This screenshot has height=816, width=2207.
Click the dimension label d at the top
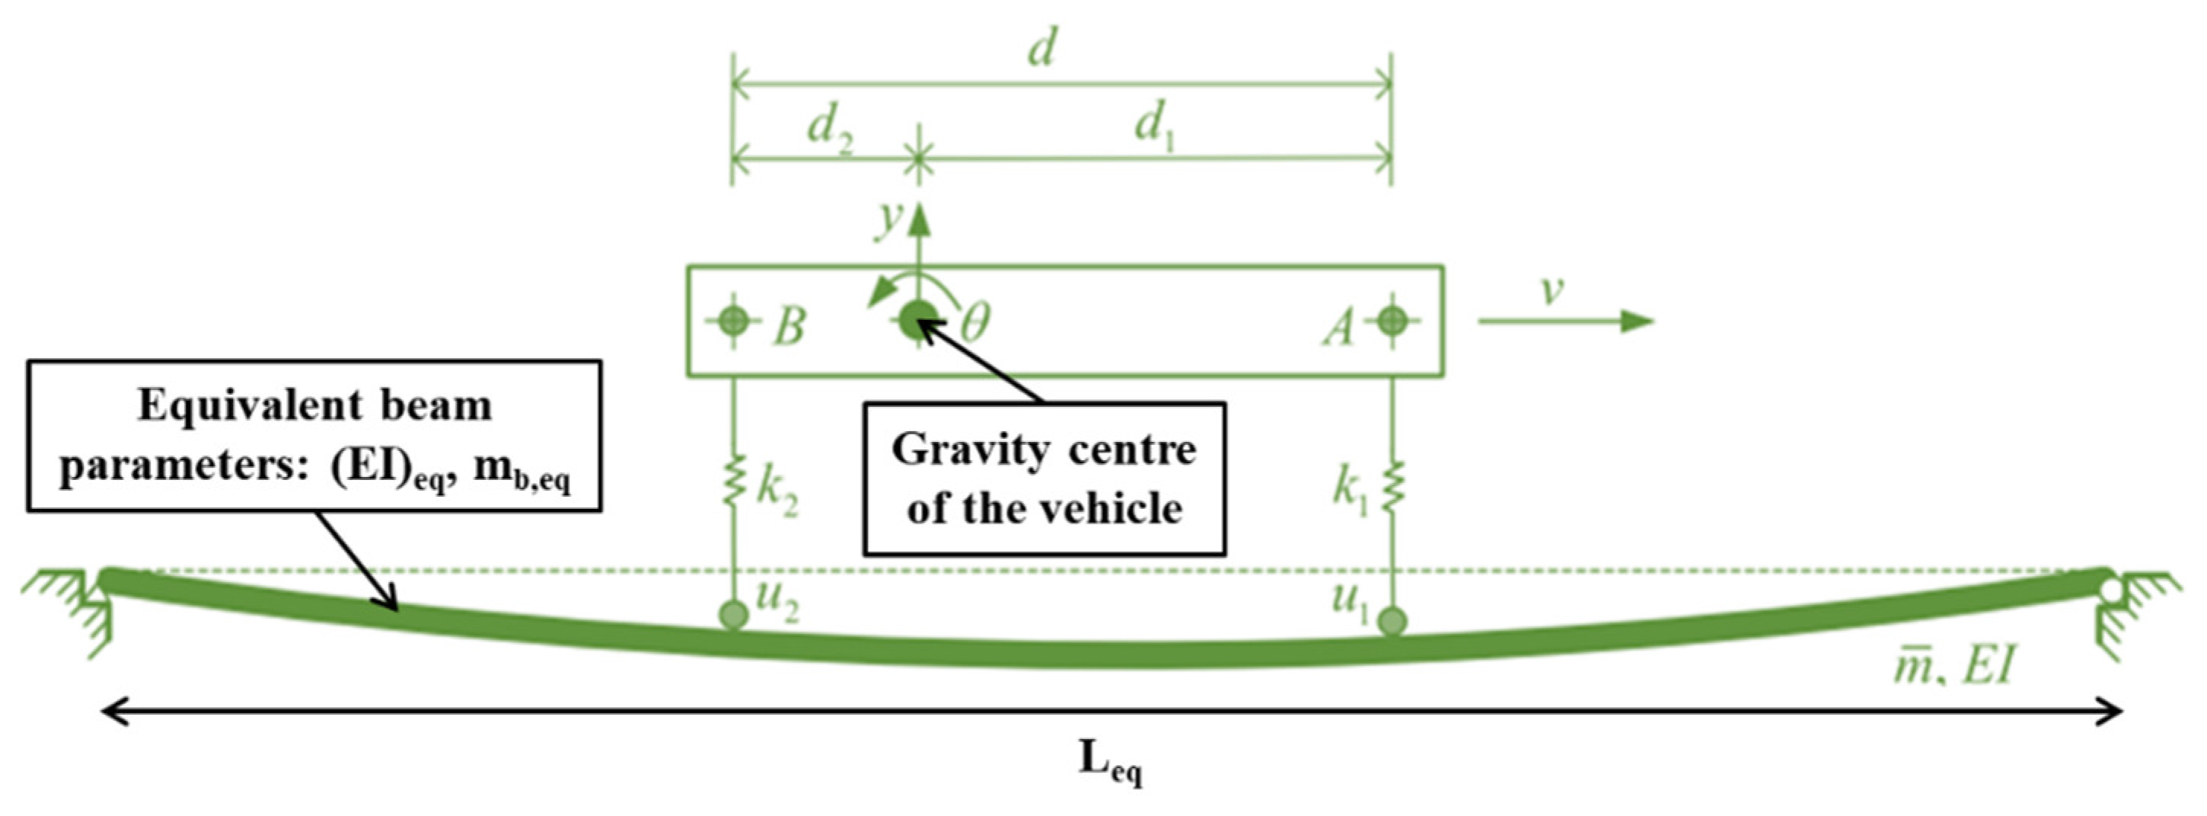pos(1041,50)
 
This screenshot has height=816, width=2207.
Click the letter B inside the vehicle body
pos(789,326)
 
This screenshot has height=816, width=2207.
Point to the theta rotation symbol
pos(974,324)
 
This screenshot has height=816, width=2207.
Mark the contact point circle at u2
pos(732,615)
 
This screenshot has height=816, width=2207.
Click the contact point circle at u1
pos(1392,620)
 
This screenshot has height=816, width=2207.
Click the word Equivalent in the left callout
pos(252,406)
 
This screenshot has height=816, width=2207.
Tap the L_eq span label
pos(1109,760)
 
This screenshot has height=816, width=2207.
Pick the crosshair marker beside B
pos(732,322)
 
